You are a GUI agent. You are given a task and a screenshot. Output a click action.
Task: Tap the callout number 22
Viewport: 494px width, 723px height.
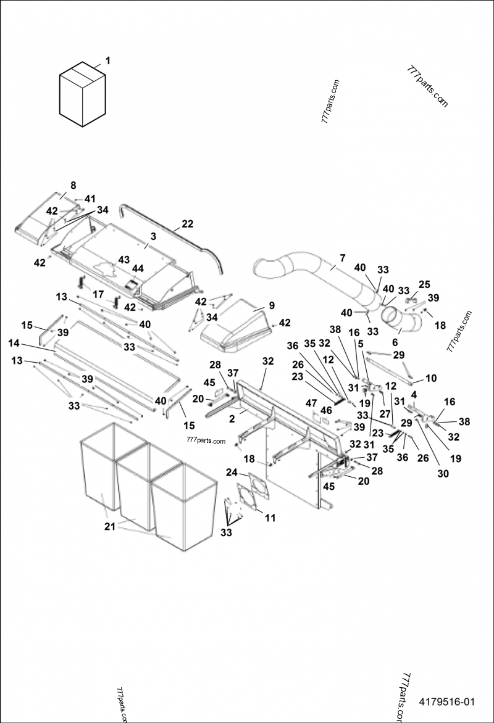coord(187,223)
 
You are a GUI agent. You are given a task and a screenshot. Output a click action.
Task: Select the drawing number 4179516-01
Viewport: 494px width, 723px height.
coord(446,702)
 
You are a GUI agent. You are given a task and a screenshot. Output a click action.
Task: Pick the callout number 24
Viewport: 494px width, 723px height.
coord(231,473)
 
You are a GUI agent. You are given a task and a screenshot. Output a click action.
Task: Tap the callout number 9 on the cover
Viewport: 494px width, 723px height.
coord(271,305)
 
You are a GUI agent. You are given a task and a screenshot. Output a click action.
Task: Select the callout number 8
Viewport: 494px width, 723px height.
coord(73,185)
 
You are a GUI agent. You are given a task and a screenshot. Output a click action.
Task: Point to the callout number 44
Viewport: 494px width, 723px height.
coord(136,269)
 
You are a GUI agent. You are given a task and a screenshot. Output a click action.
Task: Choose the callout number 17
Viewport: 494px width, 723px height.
coord(98,278)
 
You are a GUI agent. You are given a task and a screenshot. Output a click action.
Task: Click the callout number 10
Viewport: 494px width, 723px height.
coord(430,377)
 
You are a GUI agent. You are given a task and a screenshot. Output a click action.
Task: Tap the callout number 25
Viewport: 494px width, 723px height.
coord(424,284)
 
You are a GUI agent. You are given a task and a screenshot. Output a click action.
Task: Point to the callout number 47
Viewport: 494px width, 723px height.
coord(311,403)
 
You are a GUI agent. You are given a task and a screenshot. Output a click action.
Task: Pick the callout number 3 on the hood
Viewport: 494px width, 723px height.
coord(152,237)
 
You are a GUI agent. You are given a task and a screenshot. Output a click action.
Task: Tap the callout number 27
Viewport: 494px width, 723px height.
coord(384,414)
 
